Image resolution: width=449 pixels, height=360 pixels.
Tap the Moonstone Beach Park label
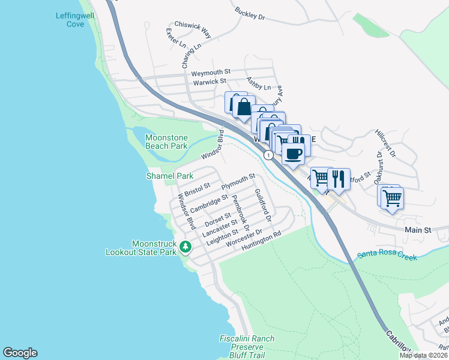point(166,142)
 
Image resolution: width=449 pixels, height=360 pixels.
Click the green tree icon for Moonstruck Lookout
point(186,247)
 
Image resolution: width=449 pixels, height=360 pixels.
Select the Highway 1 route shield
point(269,155)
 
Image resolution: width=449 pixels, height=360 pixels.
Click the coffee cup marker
point(293,154)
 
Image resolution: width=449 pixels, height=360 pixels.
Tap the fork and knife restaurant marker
point(338,179)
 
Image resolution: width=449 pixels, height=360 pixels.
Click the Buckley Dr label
point(250,14)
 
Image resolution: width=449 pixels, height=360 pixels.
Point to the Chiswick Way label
point(192,31)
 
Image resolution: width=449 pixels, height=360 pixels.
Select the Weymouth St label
point(211,73)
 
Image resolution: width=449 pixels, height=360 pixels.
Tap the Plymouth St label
point(238,181)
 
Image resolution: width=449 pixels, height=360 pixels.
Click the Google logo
point(20,353)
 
